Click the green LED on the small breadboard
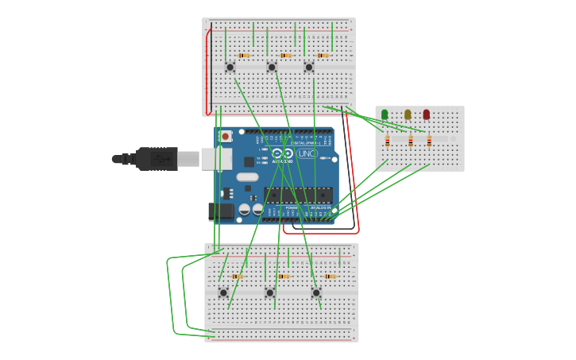coord(385,115)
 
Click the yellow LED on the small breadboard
coord(408,115)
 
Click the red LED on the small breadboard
coord(427,115)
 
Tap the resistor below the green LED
coord(388,141)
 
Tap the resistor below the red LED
coord(429,141)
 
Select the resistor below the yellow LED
coord(411,141)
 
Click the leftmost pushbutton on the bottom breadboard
coord(223,292)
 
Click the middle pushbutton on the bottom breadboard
coord(270,292)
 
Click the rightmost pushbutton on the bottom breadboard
coord(316,292)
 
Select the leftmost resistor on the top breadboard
coord(244,56)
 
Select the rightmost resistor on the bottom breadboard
coord(330,277)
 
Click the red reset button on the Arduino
coord(226,136)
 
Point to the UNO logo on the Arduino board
coord(307,153)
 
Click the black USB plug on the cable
coord(156,159)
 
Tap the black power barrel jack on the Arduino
coord(221,211)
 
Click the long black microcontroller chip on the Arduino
coord(298,195)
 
